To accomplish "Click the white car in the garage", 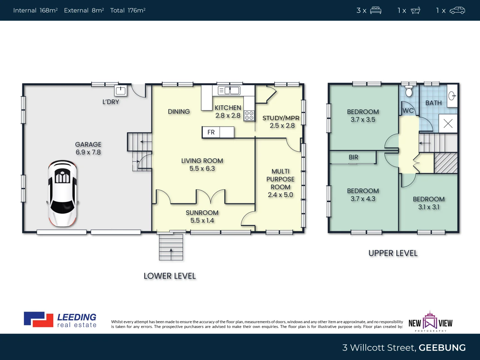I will [x=62, y=193].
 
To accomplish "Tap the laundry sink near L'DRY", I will [x=120, y=90].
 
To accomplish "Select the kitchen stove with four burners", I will [x=249, y=115].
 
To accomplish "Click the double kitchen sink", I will [x=229, y=90].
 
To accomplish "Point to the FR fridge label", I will [x=211, y=132].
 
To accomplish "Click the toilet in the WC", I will [x=409, y=91].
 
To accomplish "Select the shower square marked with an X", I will [x=448, y=124].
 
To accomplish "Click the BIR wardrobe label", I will [x=353, y=157].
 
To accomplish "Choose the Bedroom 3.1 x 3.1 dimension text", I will [x=429, y=207].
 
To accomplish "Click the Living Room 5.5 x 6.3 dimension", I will [x=202, y=169].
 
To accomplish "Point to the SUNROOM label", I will [x=202, y=213].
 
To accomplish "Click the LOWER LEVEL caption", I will [x=170, y=276].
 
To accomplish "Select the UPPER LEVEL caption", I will [x=393, y=253].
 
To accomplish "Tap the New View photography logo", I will [x=430, y=322].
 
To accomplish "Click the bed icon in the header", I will [x=376, y=10].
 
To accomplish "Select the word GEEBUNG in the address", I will [x=442, y=348].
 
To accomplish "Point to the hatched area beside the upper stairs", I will [x=446, y=163].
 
